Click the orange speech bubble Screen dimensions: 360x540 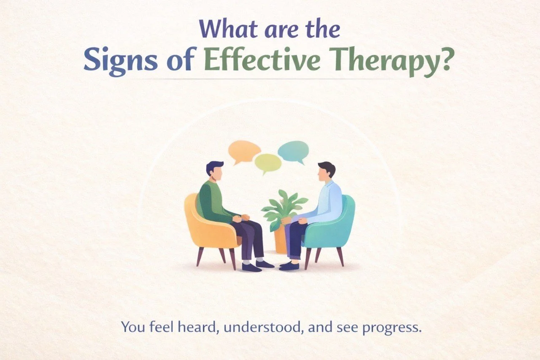tap(244, 151)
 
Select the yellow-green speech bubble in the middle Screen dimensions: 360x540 tap(268, 162)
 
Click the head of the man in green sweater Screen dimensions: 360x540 tap(214, 169)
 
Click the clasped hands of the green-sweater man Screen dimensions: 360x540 tap(238, 218)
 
